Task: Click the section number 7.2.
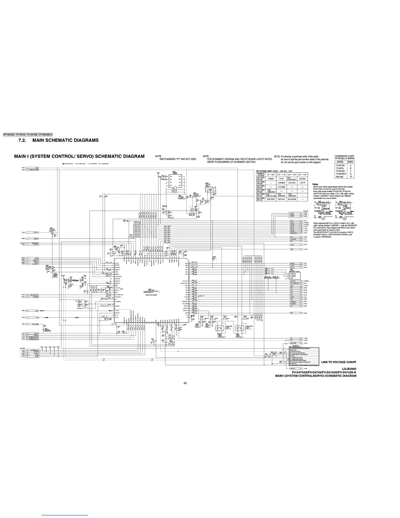coord(24,140)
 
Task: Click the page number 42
coord(185,383)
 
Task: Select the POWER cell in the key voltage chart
coord(271,179)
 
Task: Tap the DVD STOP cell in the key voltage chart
coord(271,199)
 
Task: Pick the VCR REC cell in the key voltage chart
coord(302,179)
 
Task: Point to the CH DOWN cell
coord(282,187)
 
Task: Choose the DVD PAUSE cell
coord(292,199)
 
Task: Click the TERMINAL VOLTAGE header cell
coord(261,175)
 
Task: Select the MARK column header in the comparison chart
coord(351,162)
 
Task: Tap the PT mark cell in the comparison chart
coord(351,177)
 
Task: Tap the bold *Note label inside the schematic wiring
coord(75,281)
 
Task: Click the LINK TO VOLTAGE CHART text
coord(339,362)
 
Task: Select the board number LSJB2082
coord(347,369)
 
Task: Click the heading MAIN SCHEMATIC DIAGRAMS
coord(68,140)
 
